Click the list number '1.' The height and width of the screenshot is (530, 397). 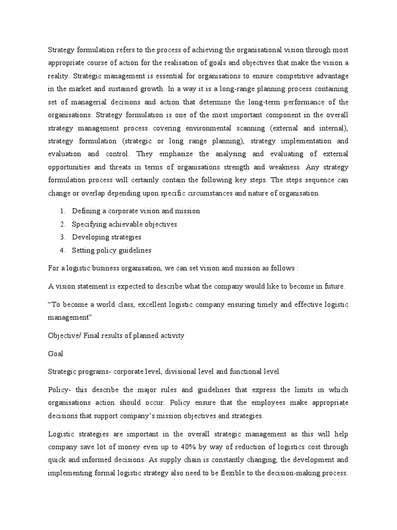[62, 211]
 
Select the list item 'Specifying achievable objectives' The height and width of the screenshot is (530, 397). [124, 224]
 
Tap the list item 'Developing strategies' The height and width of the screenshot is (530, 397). [106, 237]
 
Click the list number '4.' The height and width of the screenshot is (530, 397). [62, 250]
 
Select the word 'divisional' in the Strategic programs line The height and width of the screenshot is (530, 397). [192, 371]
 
